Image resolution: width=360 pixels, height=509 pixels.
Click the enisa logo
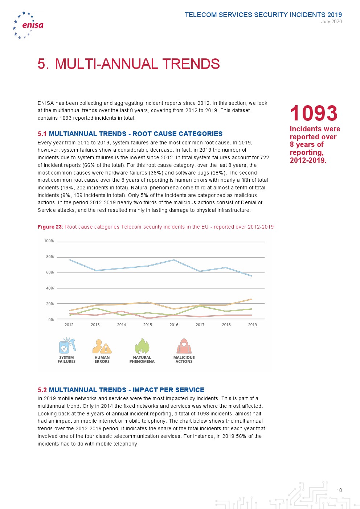pos(28,25)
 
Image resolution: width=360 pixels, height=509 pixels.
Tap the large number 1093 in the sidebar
pos(314,113)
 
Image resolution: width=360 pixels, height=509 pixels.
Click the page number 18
pos(339,490)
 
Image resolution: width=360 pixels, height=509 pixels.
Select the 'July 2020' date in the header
pos(331,21)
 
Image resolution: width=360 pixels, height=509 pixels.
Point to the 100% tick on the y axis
pos(49,241)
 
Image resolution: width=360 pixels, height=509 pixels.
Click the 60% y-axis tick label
pos(50,272)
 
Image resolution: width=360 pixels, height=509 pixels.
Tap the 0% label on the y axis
pos(51,320)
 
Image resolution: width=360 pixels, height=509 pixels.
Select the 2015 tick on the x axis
pos(148,325)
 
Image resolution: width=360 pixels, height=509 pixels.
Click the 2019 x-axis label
pos(252,325)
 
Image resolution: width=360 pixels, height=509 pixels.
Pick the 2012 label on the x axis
pos(69,325)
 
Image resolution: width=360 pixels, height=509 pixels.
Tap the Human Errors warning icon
pos(102,346)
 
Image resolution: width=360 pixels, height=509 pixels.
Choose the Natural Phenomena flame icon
pos(142,346)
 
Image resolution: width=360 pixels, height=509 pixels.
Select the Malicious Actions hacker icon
pos(184,346)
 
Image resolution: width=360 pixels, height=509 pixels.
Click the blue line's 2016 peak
pos(174,260)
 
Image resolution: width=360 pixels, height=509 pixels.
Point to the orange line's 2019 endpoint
pos(251,299)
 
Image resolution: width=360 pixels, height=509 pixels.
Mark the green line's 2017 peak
pos(200,306)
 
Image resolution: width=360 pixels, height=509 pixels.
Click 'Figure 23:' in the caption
pos(50,227)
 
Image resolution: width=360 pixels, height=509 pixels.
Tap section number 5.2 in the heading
pos(42,390)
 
